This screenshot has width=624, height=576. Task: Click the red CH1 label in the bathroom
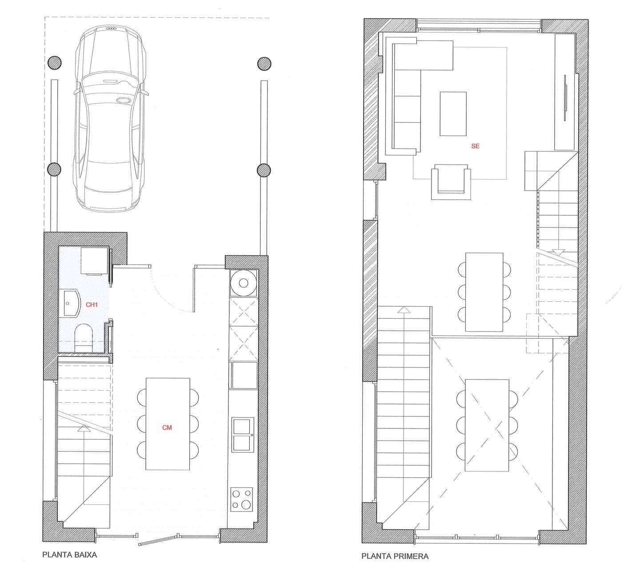(x=92, y=304)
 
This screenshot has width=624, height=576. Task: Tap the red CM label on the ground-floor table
(x=167, y=428)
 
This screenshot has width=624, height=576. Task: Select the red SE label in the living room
(x=475, y=146)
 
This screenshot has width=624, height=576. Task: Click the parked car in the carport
(x=111, y=118)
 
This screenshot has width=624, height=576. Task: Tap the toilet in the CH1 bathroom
(x=84, y=338)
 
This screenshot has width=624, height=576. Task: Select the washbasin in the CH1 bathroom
(x=71, y=303)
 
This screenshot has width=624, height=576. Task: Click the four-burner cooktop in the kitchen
(x=242, y=499)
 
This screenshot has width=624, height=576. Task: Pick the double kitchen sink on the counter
(x=243, y=435)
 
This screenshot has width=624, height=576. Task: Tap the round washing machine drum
(x=244, y=283)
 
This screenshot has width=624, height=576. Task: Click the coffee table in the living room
(x=453, y=114)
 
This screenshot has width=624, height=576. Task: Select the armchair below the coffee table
(x=451, y=182)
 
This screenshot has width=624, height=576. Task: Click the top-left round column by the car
(x=54, y=63)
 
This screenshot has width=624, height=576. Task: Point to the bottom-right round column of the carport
(x=264, y=170)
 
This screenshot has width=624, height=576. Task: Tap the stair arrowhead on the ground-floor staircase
(x=83, y=428)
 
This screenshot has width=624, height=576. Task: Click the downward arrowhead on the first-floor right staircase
(x=558, y=252)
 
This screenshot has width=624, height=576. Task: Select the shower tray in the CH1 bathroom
(x=94, y=261)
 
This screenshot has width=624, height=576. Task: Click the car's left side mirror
(x=76, y=92)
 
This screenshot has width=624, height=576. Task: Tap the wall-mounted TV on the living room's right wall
(x=565, y=97)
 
